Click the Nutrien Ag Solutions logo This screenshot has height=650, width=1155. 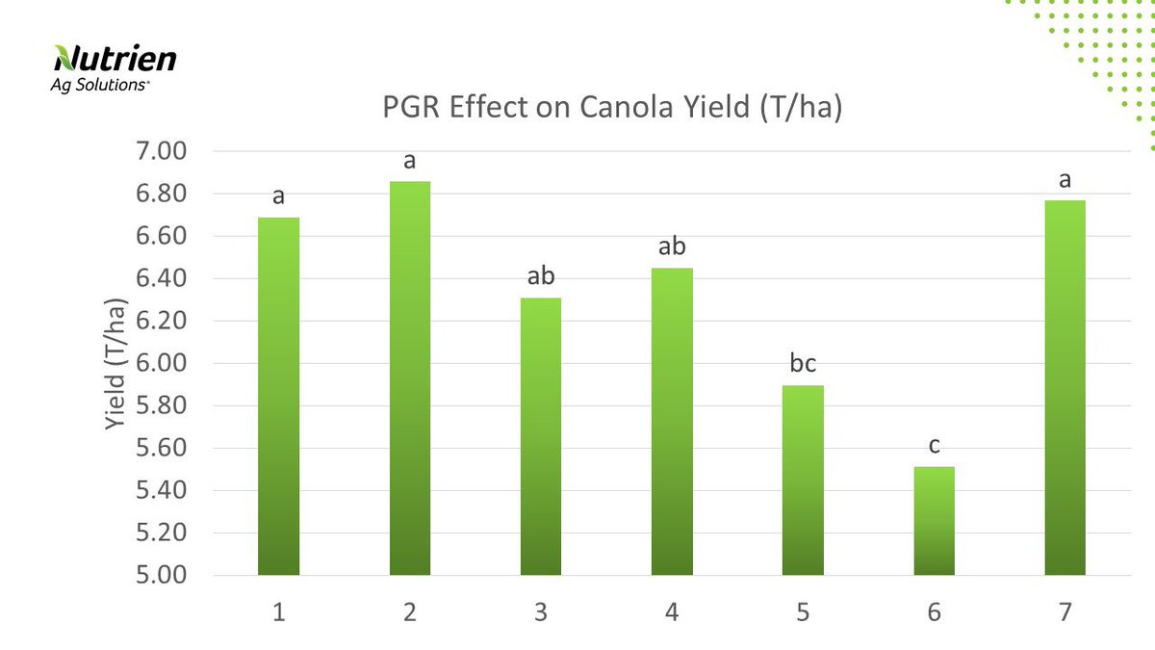(x=115, y=67)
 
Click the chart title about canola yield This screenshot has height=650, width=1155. (x=612, y=109)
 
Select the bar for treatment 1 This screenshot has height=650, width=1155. (x=279, y=396)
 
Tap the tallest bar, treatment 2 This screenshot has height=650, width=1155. (x=410, y=377)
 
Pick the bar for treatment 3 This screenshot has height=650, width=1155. (x=541, y=436)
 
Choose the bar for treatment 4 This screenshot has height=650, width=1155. (x=672, y=421)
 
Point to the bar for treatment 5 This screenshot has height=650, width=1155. (x=803, y=480)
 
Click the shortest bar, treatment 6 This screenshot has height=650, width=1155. (x=934, y=521)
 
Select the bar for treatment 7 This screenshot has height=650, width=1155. (x=1065, y=387)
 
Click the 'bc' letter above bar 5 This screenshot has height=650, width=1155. (x=803, y=365)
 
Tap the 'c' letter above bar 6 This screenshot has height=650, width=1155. (x=934, y=446)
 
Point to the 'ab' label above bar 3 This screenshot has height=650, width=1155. (x=541, y=277)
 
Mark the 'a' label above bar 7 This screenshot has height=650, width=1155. (x=1065, y=180)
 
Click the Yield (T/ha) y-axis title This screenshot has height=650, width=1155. (x=115, y=364)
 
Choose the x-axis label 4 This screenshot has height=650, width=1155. (x=672, y=611)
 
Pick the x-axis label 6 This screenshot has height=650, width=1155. (x=934, y=611)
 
